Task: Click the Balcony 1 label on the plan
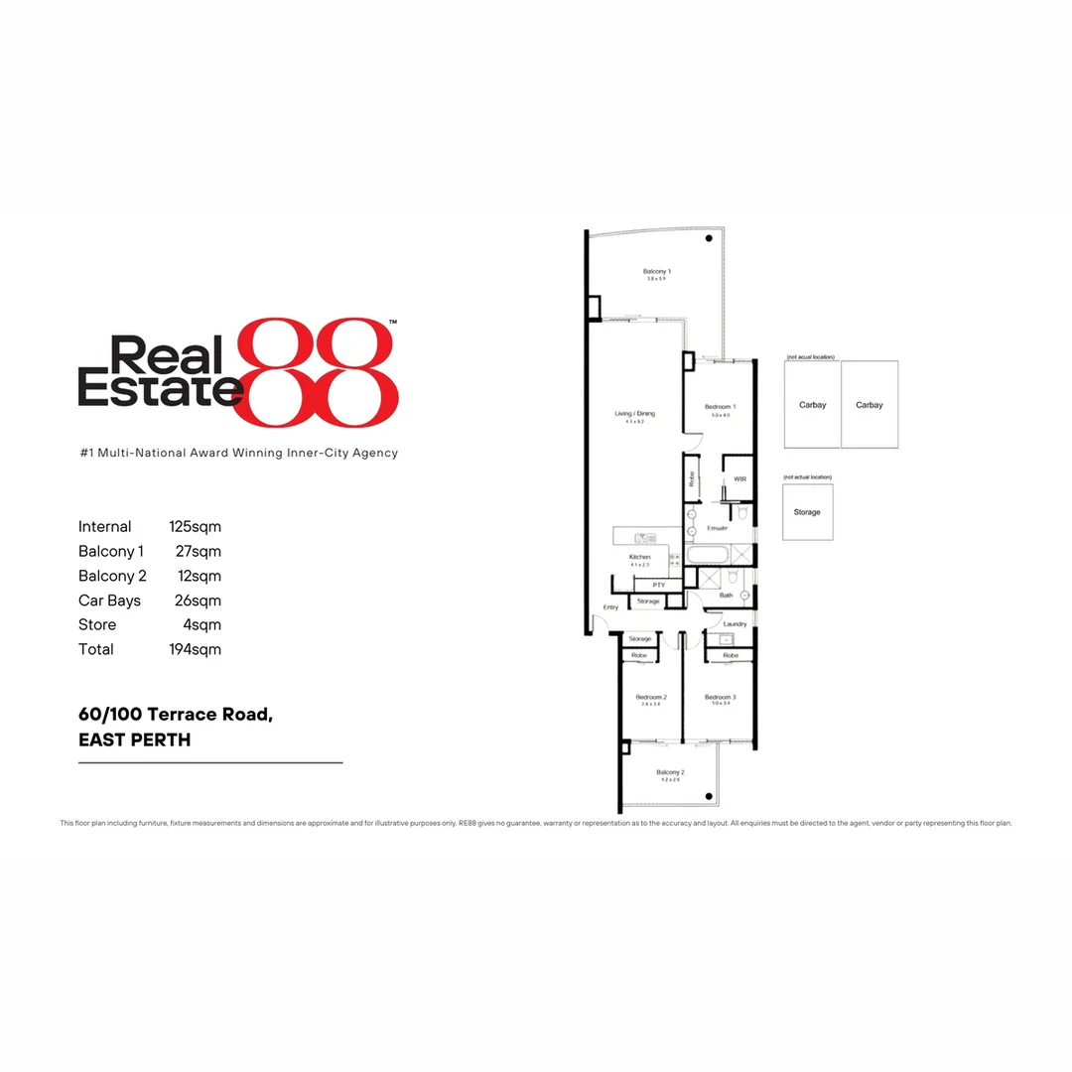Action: (656, 271)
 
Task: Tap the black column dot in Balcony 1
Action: (709, 239)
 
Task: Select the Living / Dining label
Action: (634, 414)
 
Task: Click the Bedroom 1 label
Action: (720, 407)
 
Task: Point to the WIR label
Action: (739, 478)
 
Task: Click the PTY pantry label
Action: (658, 586)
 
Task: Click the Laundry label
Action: (735, 623)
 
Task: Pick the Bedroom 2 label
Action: (651, 697)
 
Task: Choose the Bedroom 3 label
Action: (719, 697)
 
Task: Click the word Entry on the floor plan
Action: (610, 607)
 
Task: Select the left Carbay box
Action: (812, 404)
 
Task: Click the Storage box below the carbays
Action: (807, 512)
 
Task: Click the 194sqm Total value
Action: (195, 649)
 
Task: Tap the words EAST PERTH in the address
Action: (134, 739)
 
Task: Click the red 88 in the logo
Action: (320, 372)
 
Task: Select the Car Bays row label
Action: (109, 601)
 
